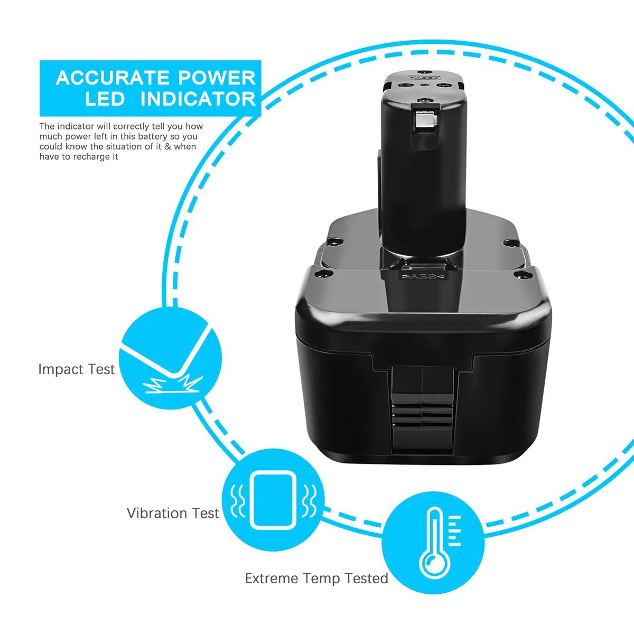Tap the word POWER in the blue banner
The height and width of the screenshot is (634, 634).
(217, 78)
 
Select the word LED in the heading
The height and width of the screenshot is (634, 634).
(105, 99)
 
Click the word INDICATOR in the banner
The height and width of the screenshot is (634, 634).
(198, 99)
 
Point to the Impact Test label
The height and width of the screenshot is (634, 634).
(76, 369)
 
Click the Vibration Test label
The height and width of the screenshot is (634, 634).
(173, 513)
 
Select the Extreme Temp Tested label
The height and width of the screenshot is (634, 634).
(316, 579)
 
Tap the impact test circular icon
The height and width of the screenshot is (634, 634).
(171, 358)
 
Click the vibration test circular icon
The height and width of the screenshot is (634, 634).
(273, 500)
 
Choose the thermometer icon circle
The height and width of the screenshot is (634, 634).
(433, 543)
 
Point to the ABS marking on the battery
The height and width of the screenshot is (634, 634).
(423, 276)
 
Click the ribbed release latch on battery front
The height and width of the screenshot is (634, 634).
(423, 408)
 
